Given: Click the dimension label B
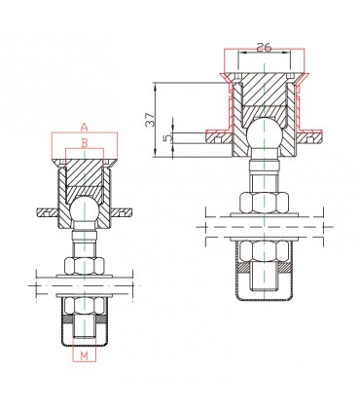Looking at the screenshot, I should (85, 143).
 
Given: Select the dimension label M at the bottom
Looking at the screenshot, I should (85, 356).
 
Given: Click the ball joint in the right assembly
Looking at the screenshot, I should (263, 134).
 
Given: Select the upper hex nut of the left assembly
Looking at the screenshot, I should (85, 265).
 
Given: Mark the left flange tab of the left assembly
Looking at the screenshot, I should (47, 210).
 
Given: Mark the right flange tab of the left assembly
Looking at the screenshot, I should (124, 210).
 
